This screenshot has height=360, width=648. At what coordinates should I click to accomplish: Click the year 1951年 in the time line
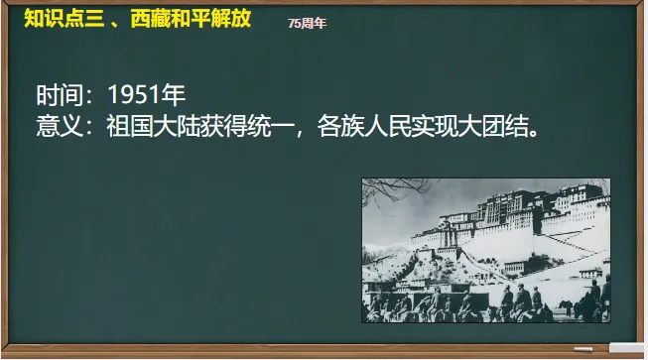pos(147,96)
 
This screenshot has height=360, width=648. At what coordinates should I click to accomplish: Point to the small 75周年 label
pos(308,22)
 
